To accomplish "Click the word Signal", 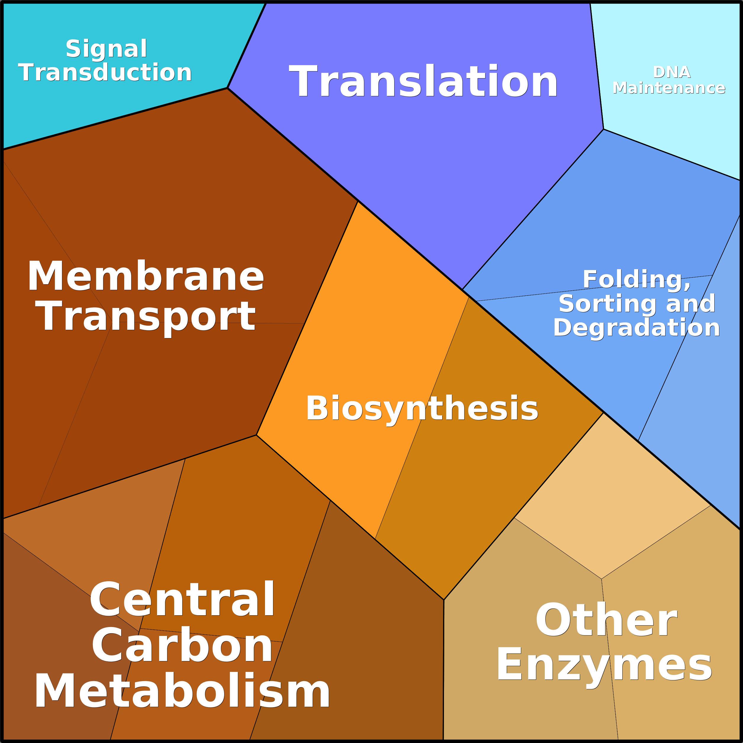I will click(x=106, y=49).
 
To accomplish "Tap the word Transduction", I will click(x=105, y=73).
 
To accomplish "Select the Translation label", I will click(x=423, y=82).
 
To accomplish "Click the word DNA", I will click(x=671, y=72).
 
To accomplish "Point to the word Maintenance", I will click(x=669, y=88).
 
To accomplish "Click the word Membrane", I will click(x=145, y=276).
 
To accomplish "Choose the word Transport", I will click(x=145, y=316).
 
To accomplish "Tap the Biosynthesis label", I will click(x=422, y=408).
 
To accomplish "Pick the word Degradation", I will click(x=637, y=328).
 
